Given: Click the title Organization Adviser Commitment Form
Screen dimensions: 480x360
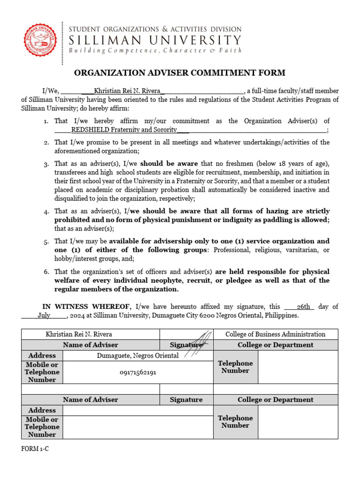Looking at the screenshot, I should click(x=180, y=73).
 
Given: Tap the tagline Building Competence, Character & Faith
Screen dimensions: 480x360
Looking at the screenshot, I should click(x=155, y=50).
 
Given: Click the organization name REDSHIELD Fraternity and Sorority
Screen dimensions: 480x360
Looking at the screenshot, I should click(x=124, y=130).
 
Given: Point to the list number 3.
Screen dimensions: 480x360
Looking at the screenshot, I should click(x=46, y=164).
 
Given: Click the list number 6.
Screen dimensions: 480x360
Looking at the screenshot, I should click(x=46, y=272).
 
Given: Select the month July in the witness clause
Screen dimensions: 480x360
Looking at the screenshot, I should click(x=44, y=315).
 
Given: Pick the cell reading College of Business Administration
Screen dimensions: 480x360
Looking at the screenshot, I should click(x=275, y=334).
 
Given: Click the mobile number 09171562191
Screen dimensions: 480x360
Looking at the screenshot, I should click(x=138, y=372).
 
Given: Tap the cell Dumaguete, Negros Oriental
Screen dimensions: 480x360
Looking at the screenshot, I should click(x=137, y=356).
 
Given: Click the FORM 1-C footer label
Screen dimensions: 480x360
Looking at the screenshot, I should click(x=35, y=449).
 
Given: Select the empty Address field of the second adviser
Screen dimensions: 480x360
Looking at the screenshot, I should click(x=138, y=411).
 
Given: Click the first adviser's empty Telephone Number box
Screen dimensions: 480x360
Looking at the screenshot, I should click(x=298, y=367).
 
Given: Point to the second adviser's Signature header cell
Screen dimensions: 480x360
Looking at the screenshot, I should click(x=186, y=400).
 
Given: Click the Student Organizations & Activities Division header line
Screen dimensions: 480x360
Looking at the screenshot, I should click(x=155, y=30).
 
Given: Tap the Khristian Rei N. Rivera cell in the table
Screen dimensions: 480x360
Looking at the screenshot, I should click(x=79, y=334).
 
